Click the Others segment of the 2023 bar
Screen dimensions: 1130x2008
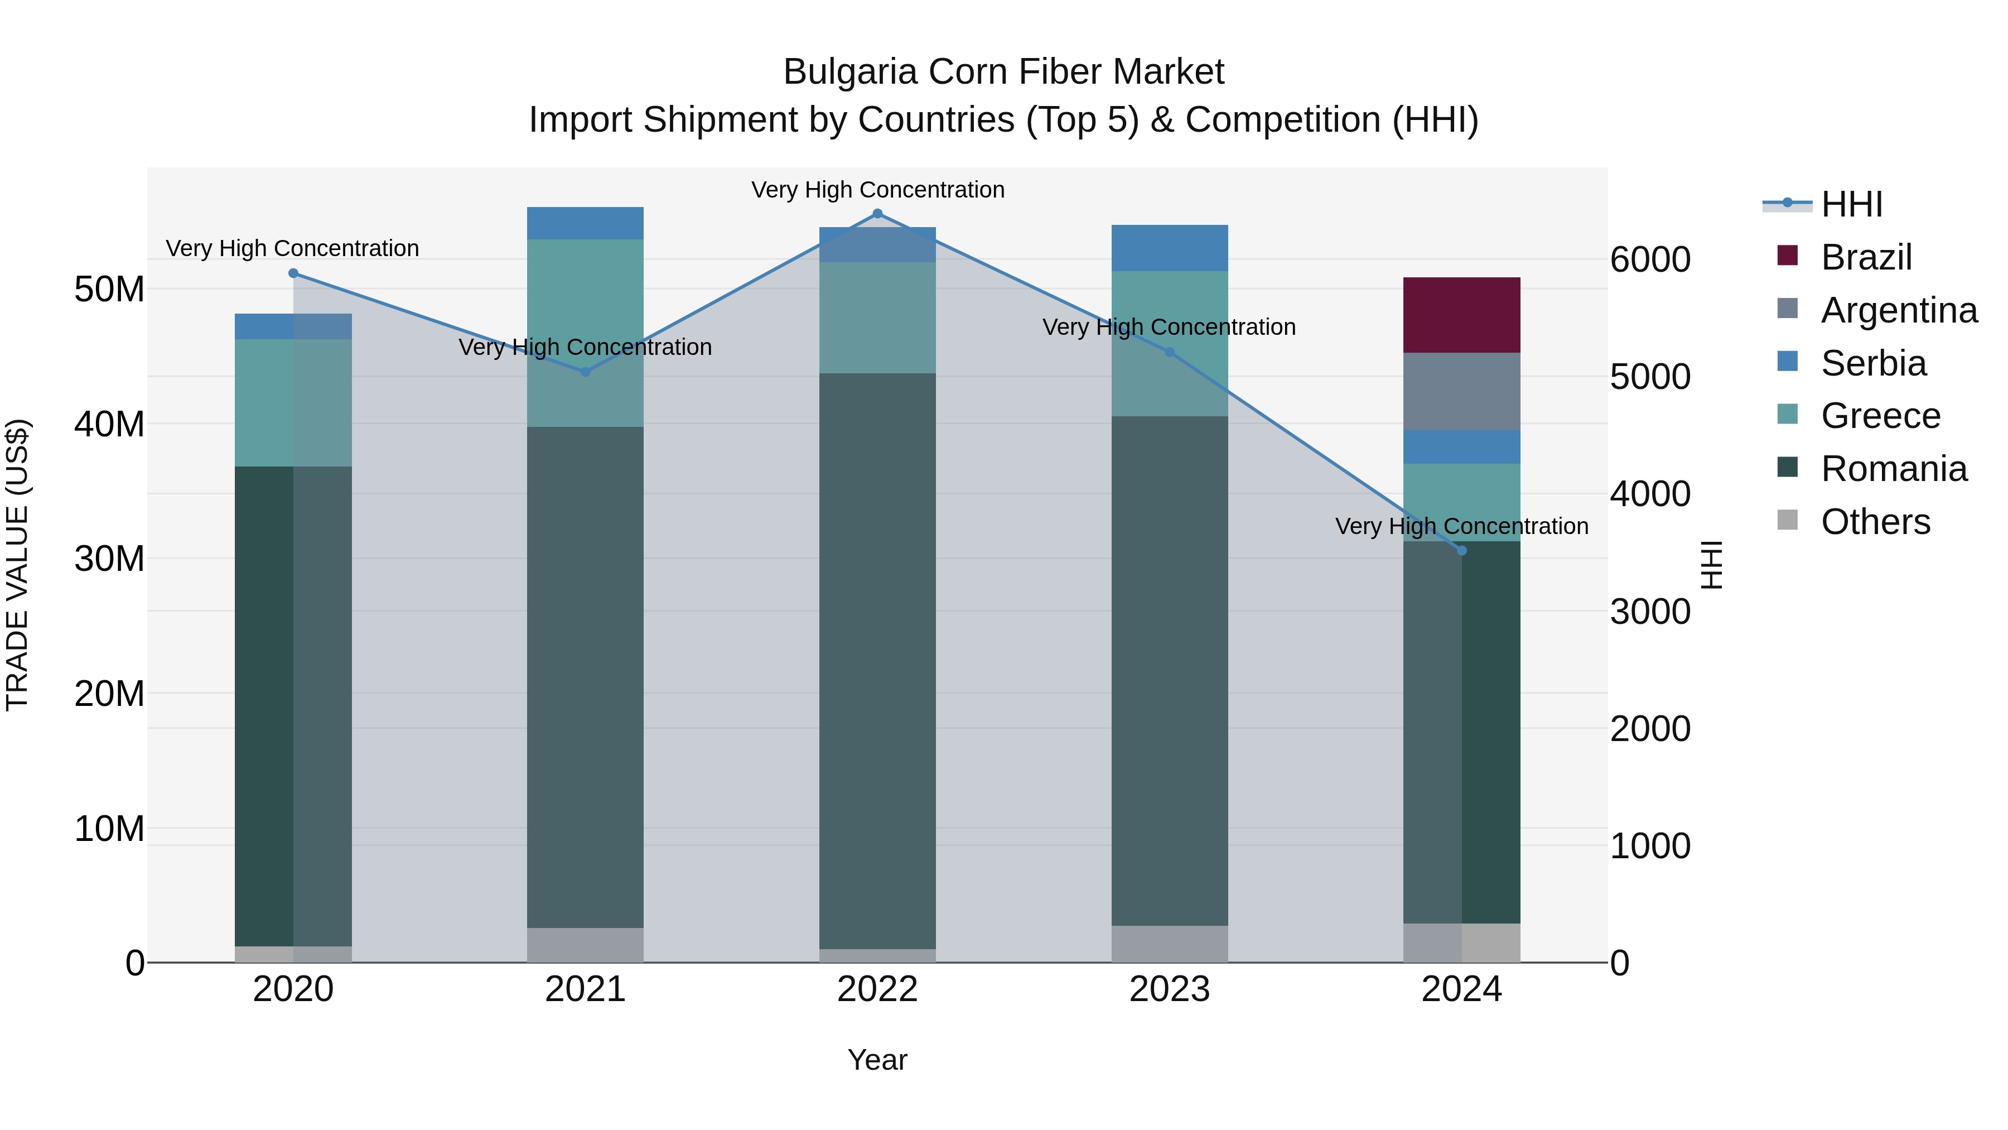click(x=1169, y=944)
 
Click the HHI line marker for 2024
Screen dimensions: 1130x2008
click(x=1461, y=551)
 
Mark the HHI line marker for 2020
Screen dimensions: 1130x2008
click(x=293, y=273)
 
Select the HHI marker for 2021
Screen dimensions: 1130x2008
click(x=586, y=372)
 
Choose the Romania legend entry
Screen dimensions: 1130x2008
click(x=1894, y=469)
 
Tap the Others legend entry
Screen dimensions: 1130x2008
click(x=1875, y=522)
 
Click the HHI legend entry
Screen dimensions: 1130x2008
click(x=1851, y=204)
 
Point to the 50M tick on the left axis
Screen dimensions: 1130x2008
click(x=109, y=289)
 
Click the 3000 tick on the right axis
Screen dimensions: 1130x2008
click(x=1650, y=612)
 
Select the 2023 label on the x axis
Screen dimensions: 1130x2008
click(x=1169, y=989)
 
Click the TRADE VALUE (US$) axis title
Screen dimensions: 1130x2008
click(x=17, y=565)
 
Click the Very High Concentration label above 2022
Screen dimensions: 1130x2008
click(x=878, y=190)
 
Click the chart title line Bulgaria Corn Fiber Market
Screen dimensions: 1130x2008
click(x=1003, y=72)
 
